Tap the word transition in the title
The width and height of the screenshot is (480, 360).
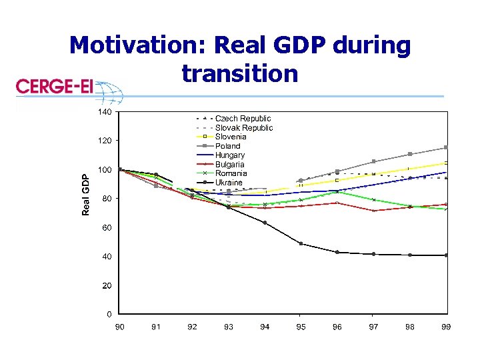click(239, 73)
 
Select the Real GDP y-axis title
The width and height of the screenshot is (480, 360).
click(85, 195)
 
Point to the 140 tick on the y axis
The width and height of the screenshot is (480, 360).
click(105, 112)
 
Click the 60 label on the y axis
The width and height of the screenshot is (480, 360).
click(107, 228)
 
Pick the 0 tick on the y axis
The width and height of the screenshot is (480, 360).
click(109, 314)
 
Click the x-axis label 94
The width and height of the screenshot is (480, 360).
click(265, 327)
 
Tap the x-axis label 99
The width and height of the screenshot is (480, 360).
click(446, 327)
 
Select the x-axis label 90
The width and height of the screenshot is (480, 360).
click(120, 327)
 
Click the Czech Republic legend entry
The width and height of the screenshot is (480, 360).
click(243, 119)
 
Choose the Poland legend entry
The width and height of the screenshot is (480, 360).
click(227, 146)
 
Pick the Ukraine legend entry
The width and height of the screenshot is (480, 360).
click(229, 183)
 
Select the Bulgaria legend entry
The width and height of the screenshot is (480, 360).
click(229, 164)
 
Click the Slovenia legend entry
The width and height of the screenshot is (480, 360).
click(231, 137)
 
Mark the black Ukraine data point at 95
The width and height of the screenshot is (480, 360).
click(301, 243)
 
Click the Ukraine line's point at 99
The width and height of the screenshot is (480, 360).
click(446, 255)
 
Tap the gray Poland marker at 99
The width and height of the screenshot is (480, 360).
click(446, 147)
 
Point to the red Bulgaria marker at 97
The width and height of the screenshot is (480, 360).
click(373, 211)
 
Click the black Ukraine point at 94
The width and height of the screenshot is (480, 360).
click(265, 223)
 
